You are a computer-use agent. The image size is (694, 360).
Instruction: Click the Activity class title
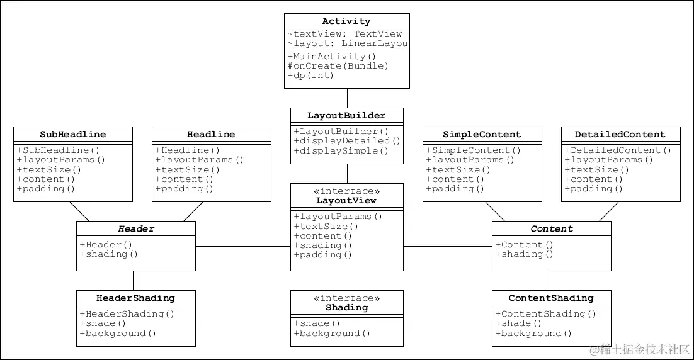pos(346,21)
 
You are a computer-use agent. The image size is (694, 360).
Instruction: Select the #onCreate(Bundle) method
pos(338,65)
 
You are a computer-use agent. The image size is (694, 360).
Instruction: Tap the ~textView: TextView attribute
pos(344,34)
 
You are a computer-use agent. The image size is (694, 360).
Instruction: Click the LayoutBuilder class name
pos(346,116)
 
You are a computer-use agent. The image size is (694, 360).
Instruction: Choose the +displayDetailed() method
pos(347,141)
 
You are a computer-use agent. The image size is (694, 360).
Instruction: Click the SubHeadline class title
pos(73,135)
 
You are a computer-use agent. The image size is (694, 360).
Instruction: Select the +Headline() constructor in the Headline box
pos(187,150)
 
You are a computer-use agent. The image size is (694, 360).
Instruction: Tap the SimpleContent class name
pos(482,135)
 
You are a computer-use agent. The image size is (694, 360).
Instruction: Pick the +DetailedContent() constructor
pos(618,150)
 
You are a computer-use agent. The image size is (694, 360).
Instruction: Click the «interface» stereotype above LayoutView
pos(346,191)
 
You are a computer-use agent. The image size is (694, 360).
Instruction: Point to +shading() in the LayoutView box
pos(322,245)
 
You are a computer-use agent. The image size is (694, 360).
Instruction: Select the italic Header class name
pos(136,229)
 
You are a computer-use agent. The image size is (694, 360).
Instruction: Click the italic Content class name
pos(552,229)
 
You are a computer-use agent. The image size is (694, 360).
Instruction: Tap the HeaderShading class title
pos(135,298)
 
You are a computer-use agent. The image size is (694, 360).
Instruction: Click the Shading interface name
pos(346,308)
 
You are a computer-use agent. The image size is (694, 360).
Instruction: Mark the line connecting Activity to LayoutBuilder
pos(347,98)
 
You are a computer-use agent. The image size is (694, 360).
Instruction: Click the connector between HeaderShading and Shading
pos(243,322)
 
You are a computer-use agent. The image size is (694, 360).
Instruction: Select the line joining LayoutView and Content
pos(447,246)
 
